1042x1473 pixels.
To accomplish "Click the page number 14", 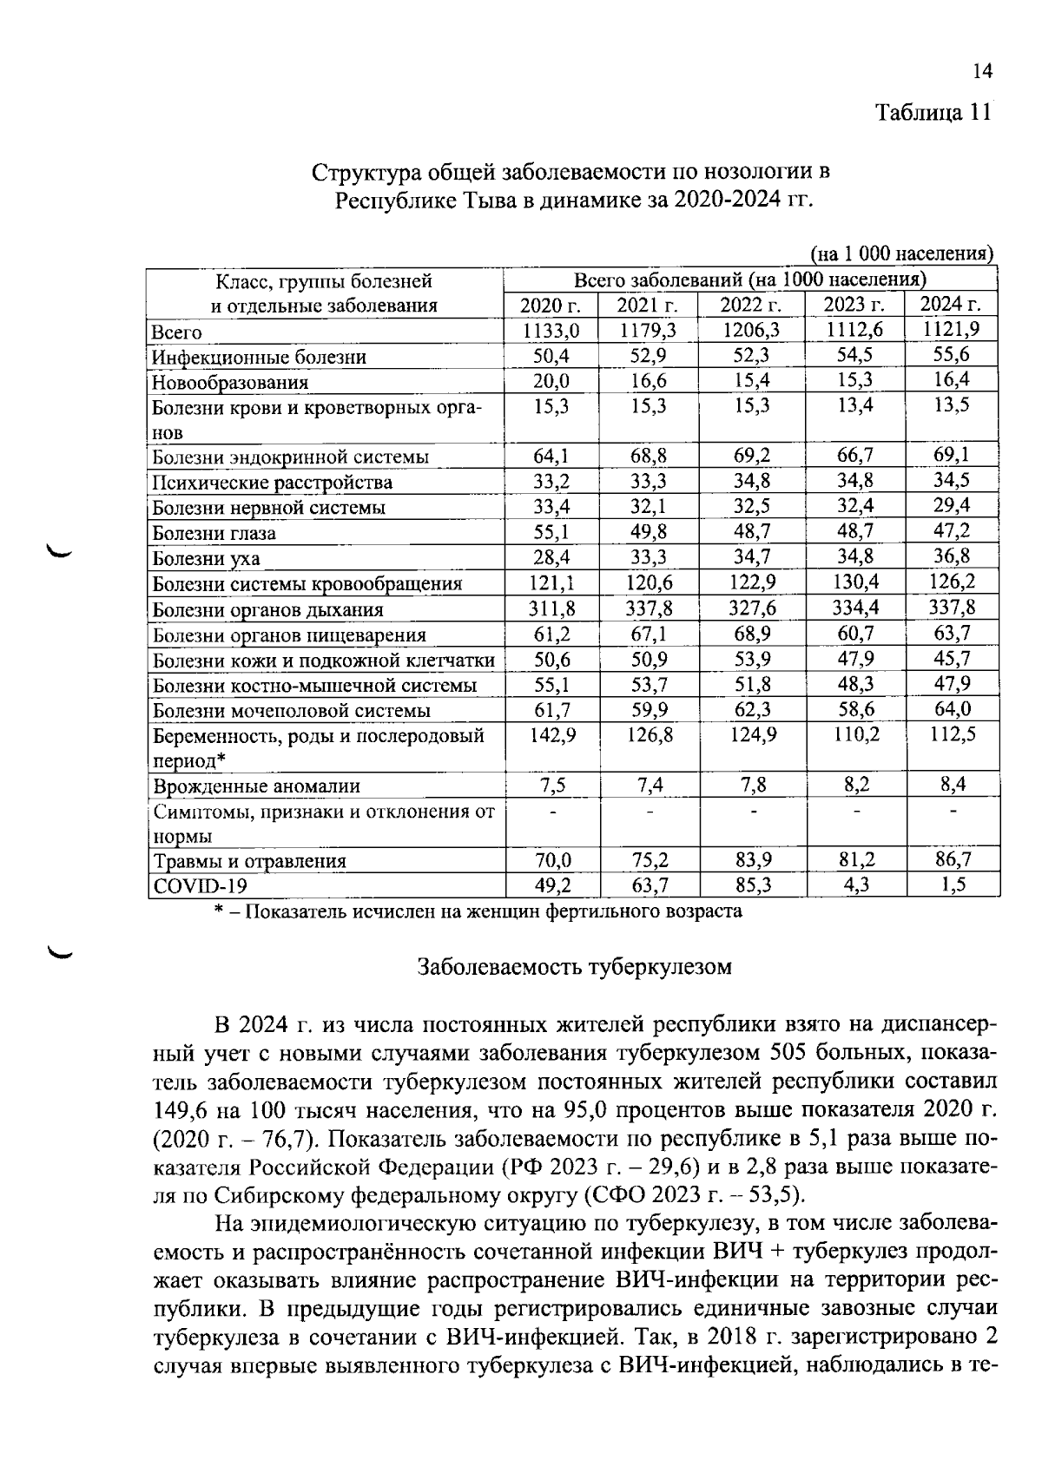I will click(x=982, y=72).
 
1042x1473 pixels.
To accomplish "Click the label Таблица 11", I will click(x=933, y=113).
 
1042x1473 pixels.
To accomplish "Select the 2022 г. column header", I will click(x=751, y=305).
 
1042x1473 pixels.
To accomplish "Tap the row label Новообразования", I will click(x=230, y=382).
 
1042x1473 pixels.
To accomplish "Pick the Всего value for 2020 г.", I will click(x=551, y=331).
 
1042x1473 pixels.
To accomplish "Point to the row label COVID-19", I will click(x=200, y=886).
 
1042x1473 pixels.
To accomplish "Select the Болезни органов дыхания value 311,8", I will click(x=551, y=608).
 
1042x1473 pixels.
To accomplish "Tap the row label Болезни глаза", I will click(x=214, y=533).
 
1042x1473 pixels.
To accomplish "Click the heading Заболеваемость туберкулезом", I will click(x=575, y=967).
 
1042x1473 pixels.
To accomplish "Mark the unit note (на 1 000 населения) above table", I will click(x=901, y=253).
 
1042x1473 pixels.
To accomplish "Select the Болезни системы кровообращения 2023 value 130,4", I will click(x=855, y=582).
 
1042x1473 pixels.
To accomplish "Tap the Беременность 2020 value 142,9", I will click(x=551, y=735).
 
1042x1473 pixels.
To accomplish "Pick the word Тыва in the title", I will click(x=498, y=201).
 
